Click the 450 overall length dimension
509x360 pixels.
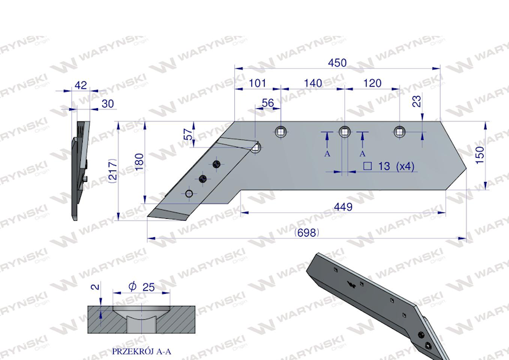(337, 63)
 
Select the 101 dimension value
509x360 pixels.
(257, 83)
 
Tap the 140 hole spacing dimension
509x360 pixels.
(313, 83)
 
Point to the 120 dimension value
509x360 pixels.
(372, 83)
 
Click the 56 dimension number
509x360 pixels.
(268, 103)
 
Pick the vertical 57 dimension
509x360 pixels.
(188, 134)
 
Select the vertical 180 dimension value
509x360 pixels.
(139, 162)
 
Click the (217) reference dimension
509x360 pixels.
(113, 170)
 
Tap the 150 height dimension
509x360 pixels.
(480, 155)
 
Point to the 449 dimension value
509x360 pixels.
(343, 207)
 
